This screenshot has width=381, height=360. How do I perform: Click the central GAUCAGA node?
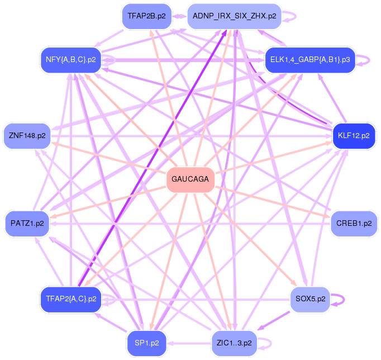point(190,179)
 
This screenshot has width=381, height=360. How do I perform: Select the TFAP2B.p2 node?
point(146,16)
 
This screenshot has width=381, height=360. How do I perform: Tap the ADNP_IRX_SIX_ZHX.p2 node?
point(234,16)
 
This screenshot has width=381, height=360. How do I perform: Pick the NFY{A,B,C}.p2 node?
point(70,59)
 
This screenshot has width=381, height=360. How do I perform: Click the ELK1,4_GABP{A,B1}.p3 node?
point(310,59)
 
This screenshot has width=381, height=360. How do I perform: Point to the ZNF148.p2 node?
point(27,135)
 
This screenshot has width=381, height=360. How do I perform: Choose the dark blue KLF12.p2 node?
point(353,135)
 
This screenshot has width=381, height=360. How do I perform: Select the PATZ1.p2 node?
point(27,224)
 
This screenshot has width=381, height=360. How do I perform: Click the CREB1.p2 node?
point(353,224)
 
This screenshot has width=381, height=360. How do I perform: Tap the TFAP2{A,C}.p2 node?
point(70,299)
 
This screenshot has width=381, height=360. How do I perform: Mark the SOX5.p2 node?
point(311,299)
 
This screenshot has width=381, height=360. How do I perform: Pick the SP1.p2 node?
point(146,343)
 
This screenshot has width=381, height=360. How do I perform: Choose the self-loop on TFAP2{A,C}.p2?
point(114,299)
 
